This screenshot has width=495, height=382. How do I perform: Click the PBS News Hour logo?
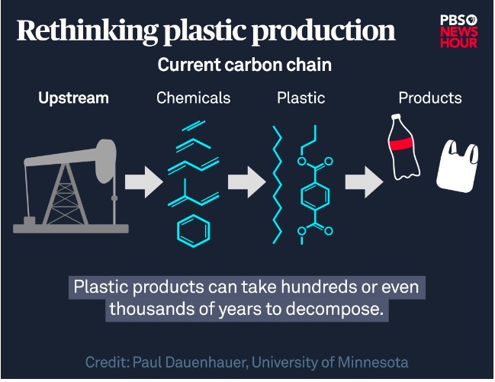pyautogui.click(x=458, y=31)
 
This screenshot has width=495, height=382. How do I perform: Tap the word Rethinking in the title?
pyautogui.click(x=88, y=31)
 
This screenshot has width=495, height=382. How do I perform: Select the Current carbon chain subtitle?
pyautogui.click(x=245, y=65)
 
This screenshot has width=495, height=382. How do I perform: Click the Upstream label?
pyautogui.click(x=73, y=98)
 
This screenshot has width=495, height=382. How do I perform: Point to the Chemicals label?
pyautogui.click(x=194, y=98)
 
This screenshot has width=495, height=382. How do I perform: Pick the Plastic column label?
pyautogui.click(x=301, y=98)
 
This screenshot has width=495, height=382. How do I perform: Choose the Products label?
pyautogui.click(x=430, y=98)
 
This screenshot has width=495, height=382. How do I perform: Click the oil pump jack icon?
pyautogui.click(x=70, y=187)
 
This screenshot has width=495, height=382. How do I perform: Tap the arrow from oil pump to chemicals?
pyautogui.click(x=144, y=182)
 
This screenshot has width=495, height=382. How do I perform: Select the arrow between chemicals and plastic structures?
pyautogui.click(x=247, y=182)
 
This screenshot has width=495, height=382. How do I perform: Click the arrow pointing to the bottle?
pyautogui.click(x=365, y=182)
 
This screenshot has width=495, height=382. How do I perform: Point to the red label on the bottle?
pyautogui.click(x=401, y=143)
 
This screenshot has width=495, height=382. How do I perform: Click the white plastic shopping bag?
pyautogui.click(x=458, y=166)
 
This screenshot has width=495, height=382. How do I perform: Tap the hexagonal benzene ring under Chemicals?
pyautogui.click(x=194, y=230)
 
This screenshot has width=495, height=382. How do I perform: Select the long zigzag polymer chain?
pyautogui.click(x=278, y=185)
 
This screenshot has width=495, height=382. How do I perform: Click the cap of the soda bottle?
pyautogui.click(x=396, y=116)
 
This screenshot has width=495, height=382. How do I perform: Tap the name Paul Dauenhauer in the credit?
pyautogui.click(x=189, y=362)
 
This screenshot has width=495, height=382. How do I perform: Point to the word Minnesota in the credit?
pyautogui.click(x=373, y=362)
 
